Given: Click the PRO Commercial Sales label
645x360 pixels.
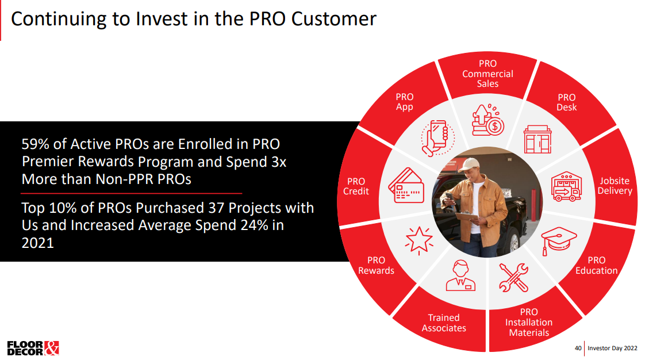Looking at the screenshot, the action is (487, 74).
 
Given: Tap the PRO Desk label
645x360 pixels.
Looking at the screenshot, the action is (566, 102).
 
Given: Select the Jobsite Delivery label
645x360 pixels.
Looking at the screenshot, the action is (615, 186).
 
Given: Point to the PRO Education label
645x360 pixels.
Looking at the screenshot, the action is (597, 265).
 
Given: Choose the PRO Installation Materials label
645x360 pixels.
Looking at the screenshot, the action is (529, 322).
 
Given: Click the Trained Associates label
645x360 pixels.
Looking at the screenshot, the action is (444, 323).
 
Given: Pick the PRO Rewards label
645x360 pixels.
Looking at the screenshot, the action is (376, 265).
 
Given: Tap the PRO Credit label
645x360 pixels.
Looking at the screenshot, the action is (356, 186).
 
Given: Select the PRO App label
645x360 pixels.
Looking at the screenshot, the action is (404, 102).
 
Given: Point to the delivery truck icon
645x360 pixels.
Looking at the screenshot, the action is (566, 186).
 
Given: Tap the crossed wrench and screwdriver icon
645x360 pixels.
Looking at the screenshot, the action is (513, 277).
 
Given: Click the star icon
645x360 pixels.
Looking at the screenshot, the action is (419, 240).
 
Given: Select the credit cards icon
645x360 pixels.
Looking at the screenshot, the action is (406, 185).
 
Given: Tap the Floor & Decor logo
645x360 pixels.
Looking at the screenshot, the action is (33, 348).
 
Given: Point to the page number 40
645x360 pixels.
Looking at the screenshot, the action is (578, 348).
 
